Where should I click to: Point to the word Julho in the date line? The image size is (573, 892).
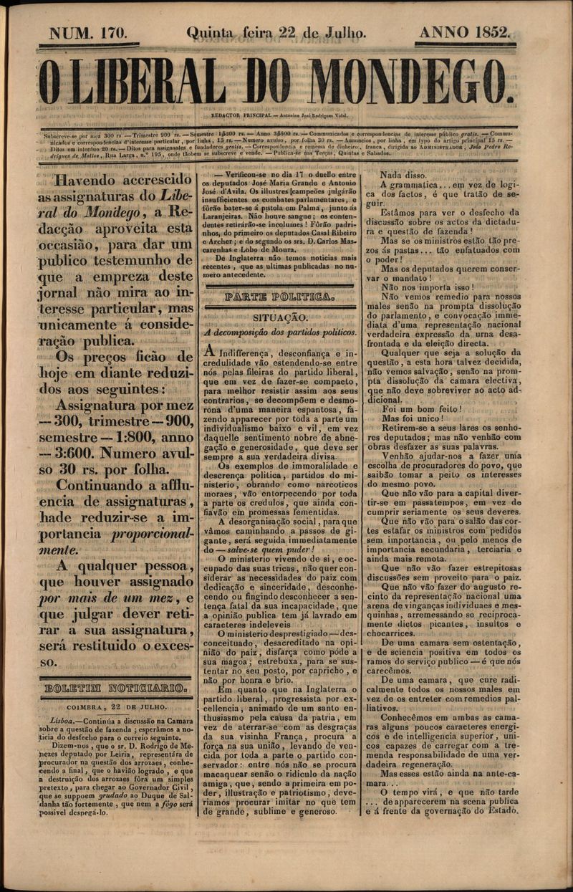pyautogui.click(x=343, y=32)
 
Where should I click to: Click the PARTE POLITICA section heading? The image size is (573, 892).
pyautogui.click(x=279, y=296)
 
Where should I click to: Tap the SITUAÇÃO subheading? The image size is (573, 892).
pyautogui.click(x=280, y=317)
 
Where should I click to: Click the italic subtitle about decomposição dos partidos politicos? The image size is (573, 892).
pyautogui.click(x=280, y=332)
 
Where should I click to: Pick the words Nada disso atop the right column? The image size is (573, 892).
pyautogui.click(x=403, y=175)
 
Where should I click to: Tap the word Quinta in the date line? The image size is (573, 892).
pyautogui.click(x=209, y=32)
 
